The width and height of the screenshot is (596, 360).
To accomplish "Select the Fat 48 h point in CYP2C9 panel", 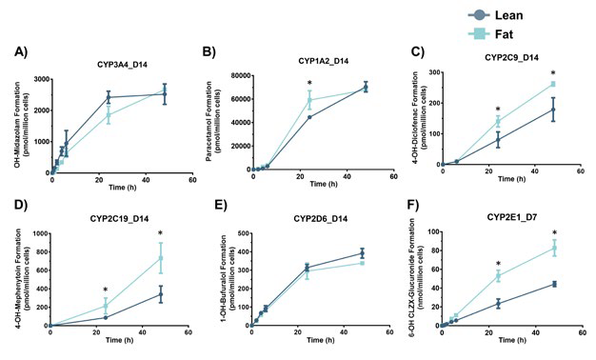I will [553, 85].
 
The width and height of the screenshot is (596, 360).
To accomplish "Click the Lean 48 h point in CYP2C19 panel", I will [161, 294].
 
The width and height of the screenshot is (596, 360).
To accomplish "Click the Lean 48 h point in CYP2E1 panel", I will [553, 284].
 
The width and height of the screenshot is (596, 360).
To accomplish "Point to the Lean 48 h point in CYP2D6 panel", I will [361, 253].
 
